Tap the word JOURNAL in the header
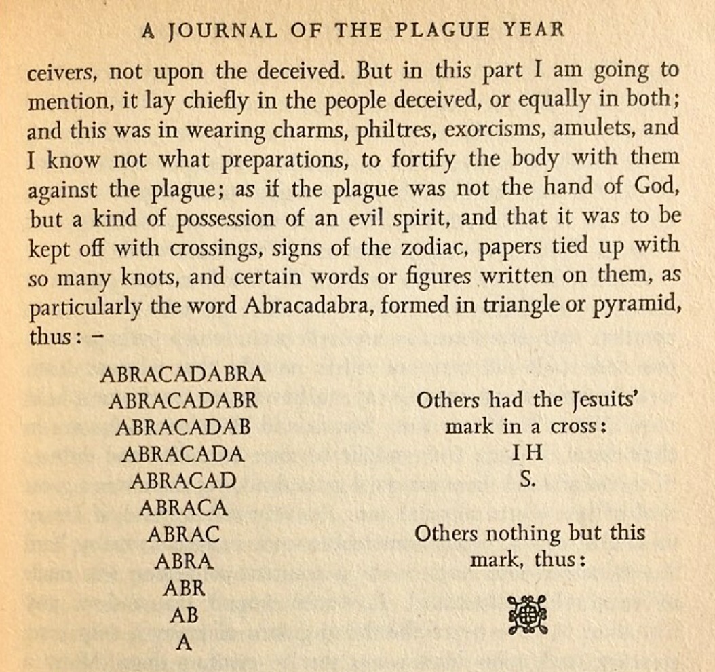click(x=212, y=31)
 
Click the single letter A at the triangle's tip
click(x=183, y=642)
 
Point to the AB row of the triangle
click(x=184, y=615)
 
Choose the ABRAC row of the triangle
click(x=183, y=534)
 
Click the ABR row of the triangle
click(x=184, y=588)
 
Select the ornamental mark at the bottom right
click(x=527, y=614)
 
